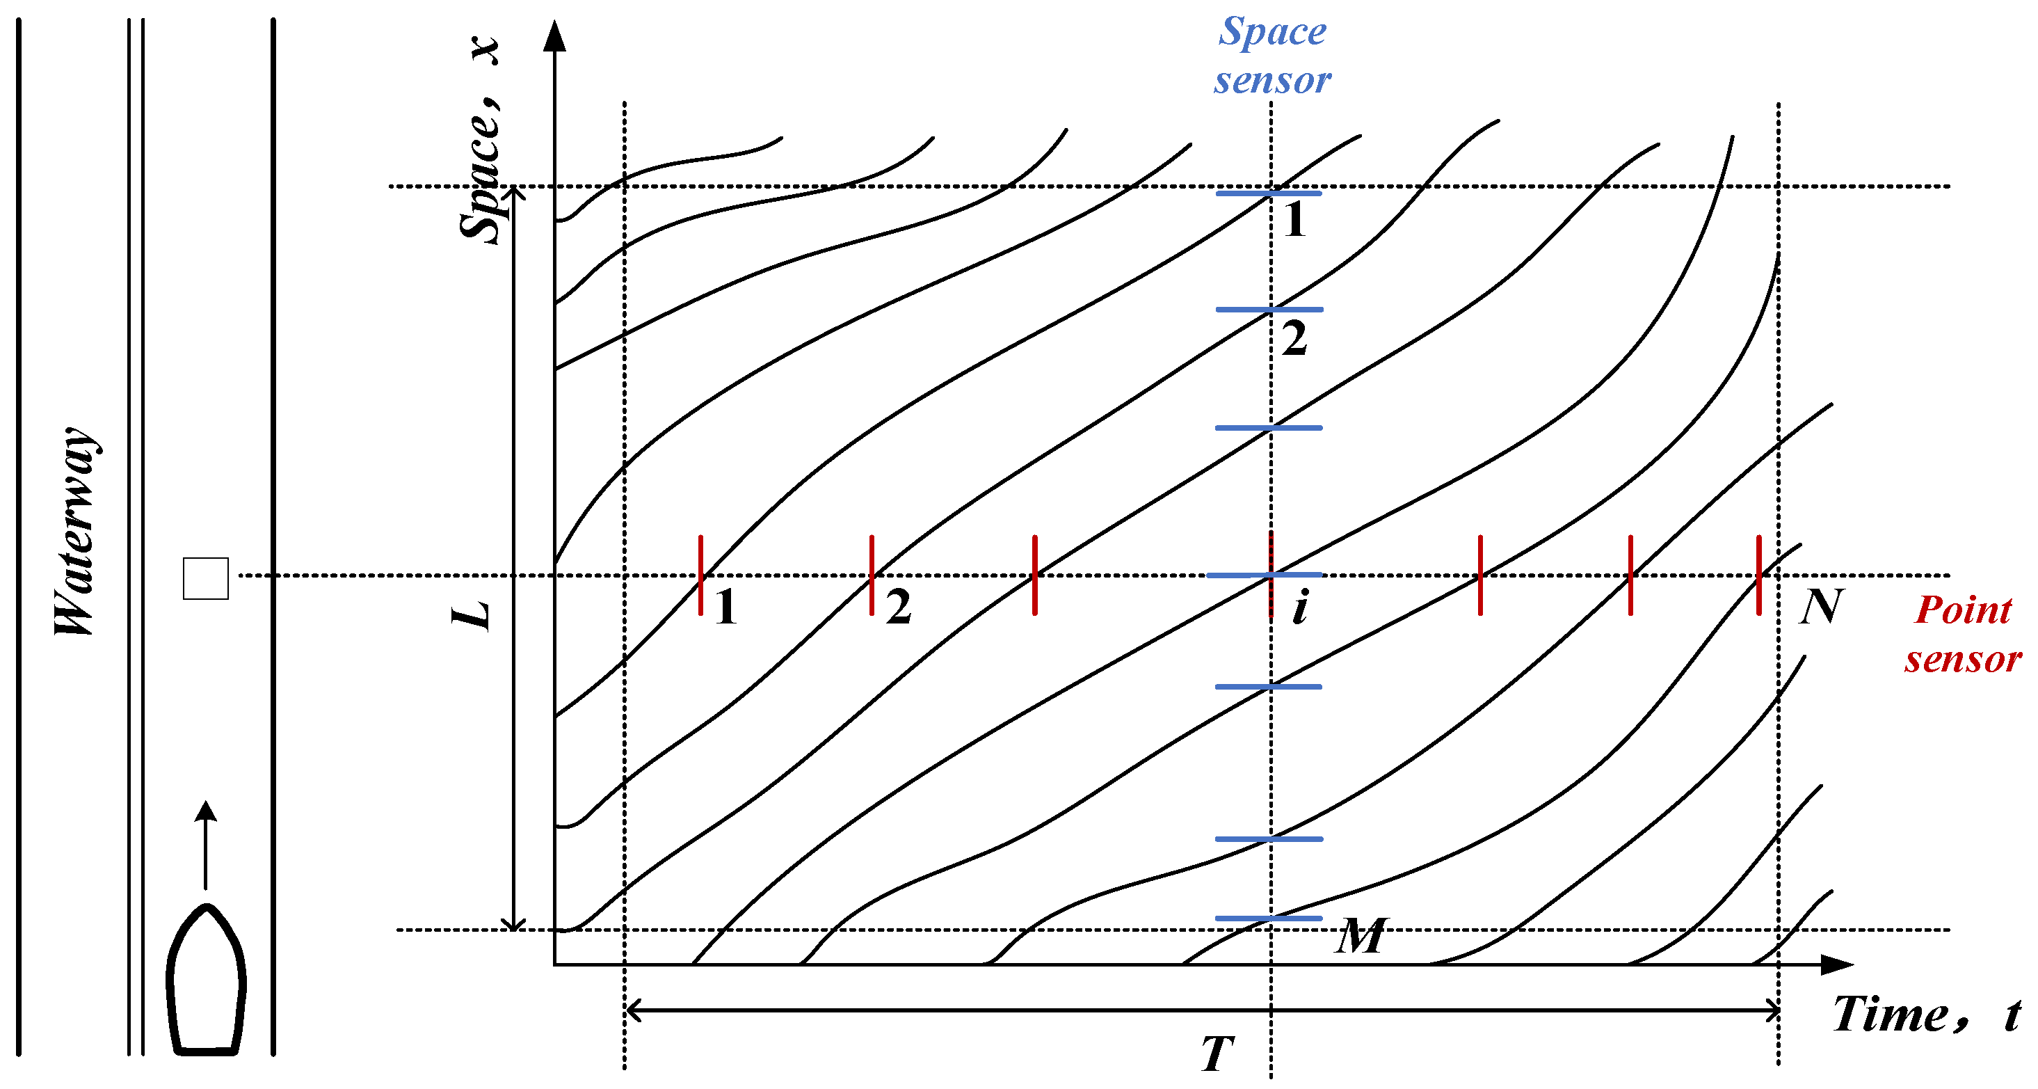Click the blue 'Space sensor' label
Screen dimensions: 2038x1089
(x=1272, y=56)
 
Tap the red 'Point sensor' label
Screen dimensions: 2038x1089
(x=1963, y=634)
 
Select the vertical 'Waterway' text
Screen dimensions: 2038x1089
(x=76, y=531)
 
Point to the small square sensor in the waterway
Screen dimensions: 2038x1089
(x=206, y=578)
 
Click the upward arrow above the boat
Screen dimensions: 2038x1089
(x=206, y=843)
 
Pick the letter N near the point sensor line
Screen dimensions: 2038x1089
(x=1821, y=607)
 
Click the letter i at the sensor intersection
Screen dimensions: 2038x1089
(x=1300, y=607)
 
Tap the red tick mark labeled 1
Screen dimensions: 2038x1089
(x=701, y=575)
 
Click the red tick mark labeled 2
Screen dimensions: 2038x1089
(x=872, y=575)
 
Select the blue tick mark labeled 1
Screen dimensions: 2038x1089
(x=1269, y=193)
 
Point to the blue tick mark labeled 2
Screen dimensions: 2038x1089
(x=1269, y=310)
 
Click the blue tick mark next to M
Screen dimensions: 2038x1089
(x=1269, y=918)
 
